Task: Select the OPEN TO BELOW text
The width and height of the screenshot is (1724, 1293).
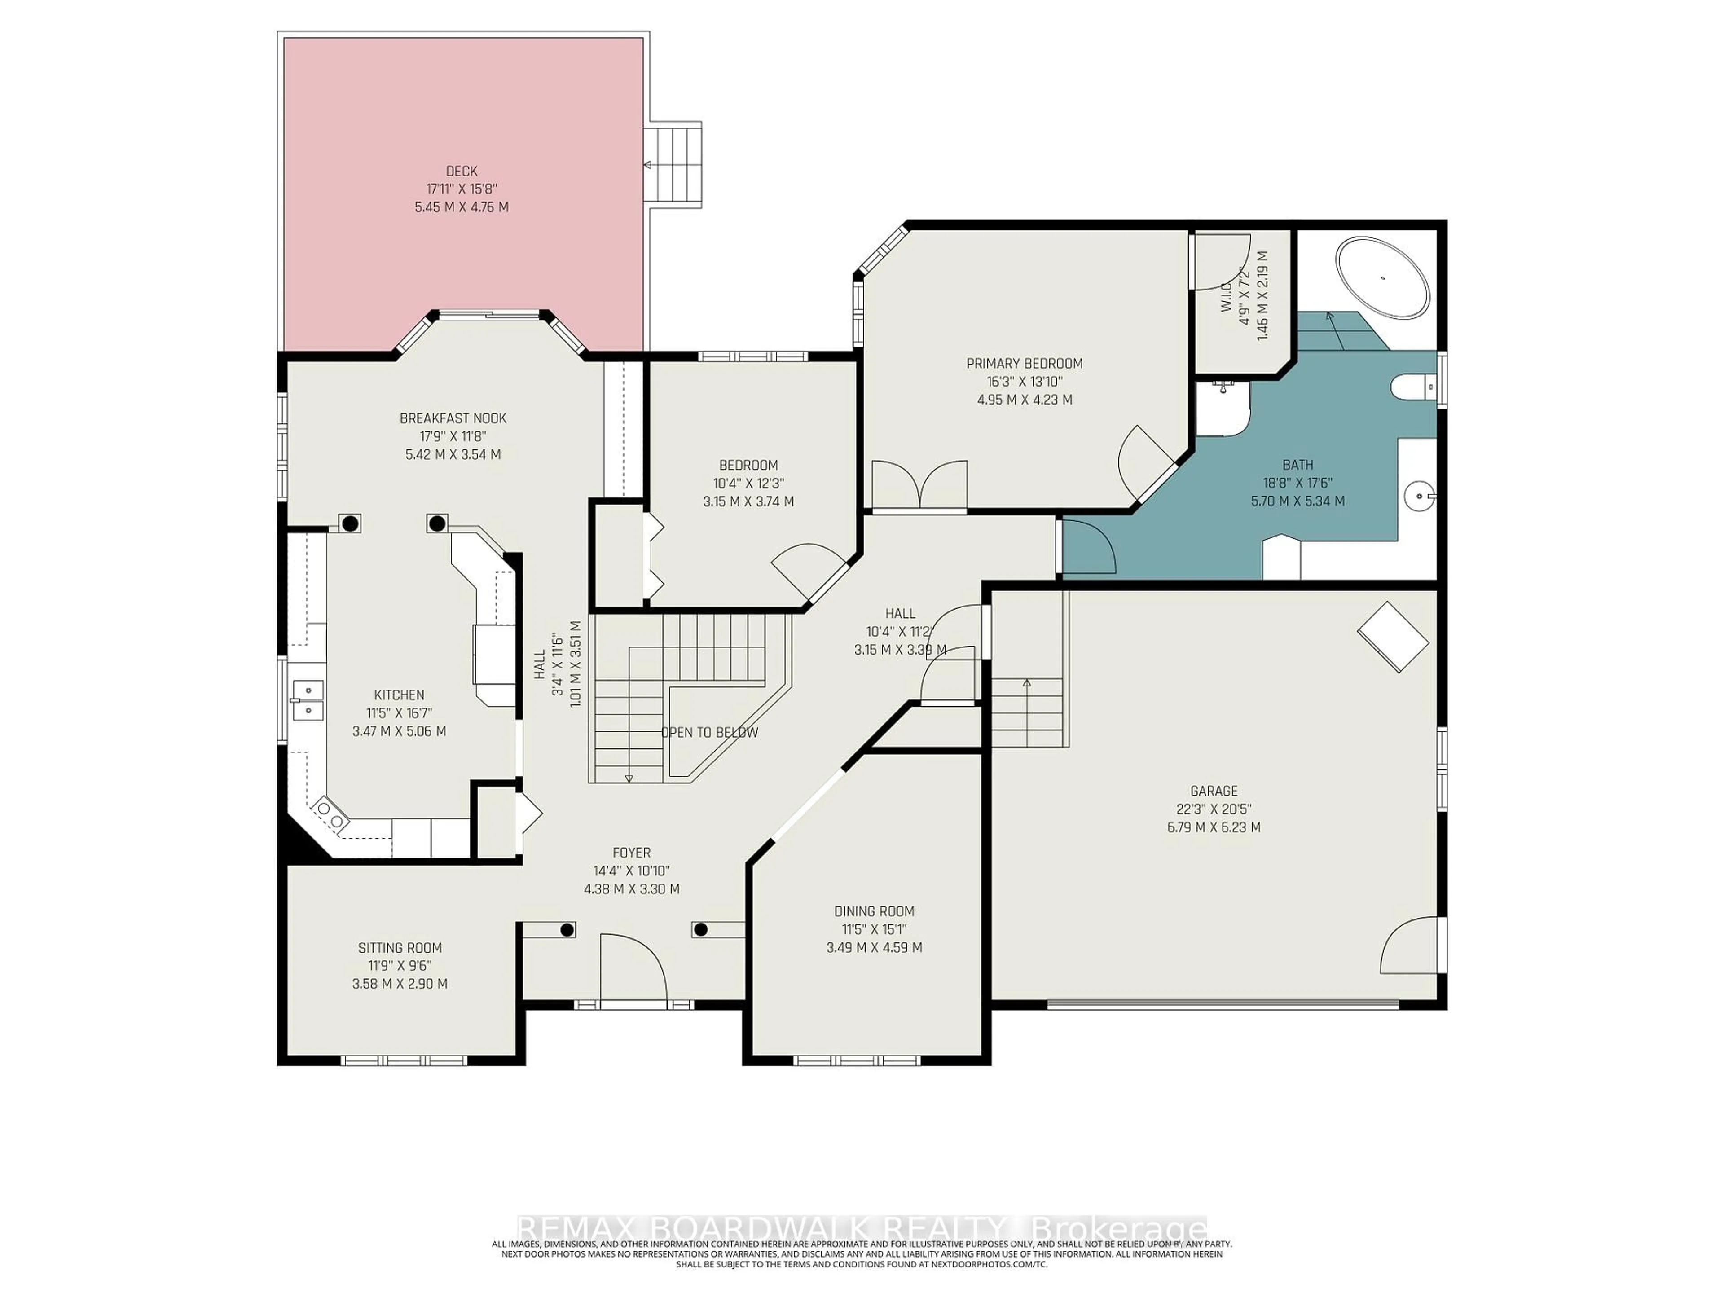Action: coord(709,733)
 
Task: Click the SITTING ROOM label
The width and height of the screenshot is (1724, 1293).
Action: coord(400,948)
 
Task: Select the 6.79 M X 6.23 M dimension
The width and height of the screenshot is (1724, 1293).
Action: coord(1214,827)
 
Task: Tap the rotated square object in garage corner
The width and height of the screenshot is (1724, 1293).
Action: coord(1393,636)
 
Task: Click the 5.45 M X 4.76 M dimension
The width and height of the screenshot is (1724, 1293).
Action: coord(462,207)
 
